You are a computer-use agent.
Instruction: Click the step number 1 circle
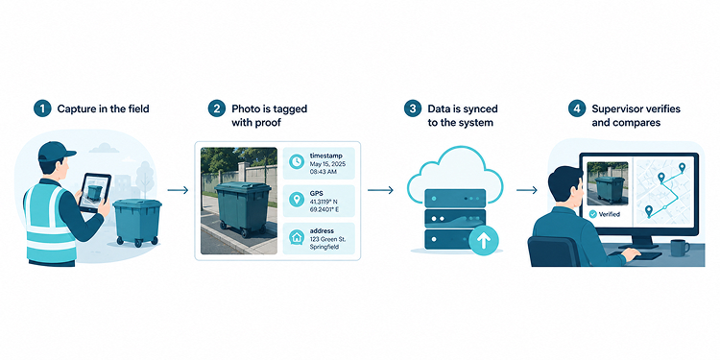pos(42,109)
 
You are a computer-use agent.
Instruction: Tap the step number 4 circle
pos(577,109)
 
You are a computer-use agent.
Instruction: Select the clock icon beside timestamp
pos(297,161)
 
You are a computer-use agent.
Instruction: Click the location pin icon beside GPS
pos(297,200)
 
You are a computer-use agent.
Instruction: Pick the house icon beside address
pos(297,237)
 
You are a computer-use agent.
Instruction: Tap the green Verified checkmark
pos(593,214)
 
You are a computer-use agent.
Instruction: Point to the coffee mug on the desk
pos(680,248)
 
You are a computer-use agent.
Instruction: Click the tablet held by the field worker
pos(95,192)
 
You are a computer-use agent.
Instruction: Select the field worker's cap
pos(55,151)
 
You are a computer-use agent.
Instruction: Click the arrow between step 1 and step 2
pos(178,190)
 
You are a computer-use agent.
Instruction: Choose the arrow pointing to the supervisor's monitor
pos(527,190)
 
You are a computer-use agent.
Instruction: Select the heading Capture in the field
pos(104,109)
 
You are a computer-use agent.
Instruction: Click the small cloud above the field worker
pos(104,148)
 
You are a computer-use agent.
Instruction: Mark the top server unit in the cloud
pos(455,198)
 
